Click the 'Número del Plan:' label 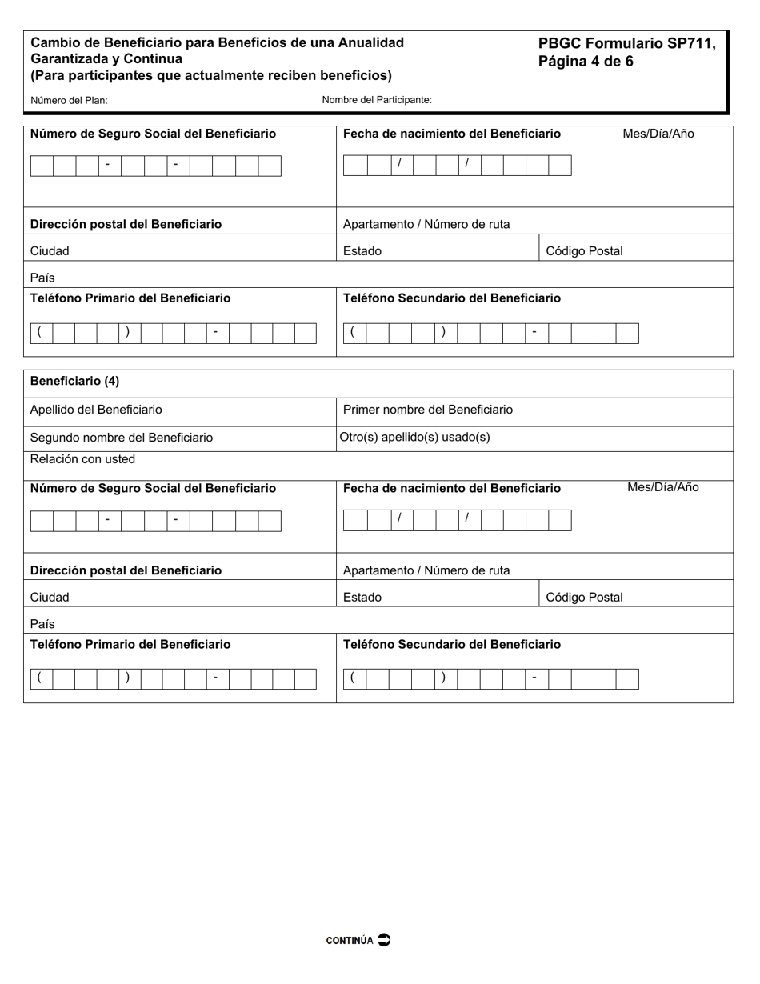(69, 101)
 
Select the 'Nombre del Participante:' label (377, 100)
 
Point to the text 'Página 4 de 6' (586, 62)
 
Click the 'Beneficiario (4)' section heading (74, 381)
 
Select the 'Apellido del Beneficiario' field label (96, 410)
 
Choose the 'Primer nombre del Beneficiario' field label (428, 410)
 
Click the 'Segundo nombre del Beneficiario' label (122, 438)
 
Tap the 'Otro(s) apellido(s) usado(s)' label (415, 437)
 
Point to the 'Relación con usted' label (82, 459)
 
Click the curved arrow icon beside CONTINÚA (384, 940)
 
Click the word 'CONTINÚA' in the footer (350, 941)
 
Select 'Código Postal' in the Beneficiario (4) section (584, 598)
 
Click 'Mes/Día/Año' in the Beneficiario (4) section (662, 487)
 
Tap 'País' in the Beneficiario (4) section (42, 624)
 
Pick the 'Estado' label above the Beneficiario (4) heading (362, 251)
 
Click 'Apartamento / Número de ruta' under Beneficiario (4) (426, 570)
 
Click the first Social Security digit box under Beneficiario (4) (42, 521)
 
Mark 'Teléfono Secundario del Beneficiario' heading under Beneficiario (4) (452, 645)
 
